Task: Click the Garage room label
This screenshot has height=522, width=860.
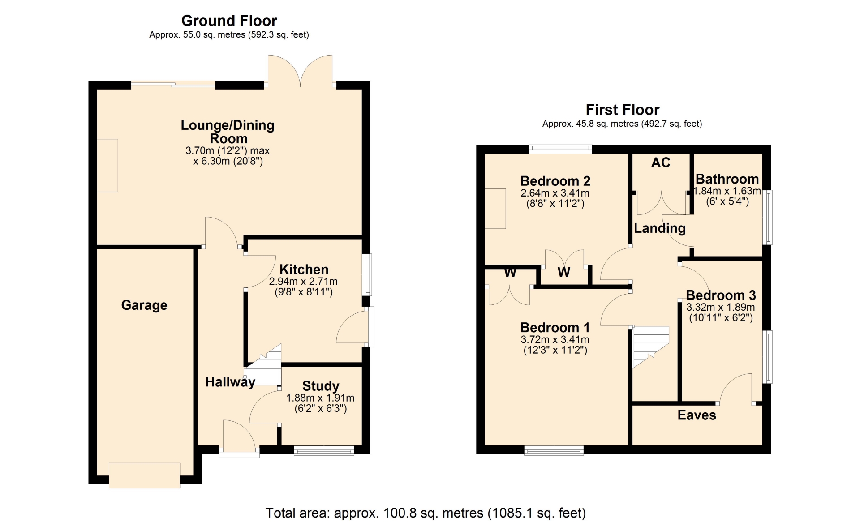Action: pos(144,305)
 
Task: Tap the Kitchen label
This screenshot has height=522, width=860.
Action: pos(304,270)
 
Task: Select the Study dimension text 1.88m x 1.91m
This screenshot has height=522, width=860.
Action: pos(320,398)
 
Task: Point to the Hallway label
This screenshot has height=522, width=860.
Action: pos(230,382)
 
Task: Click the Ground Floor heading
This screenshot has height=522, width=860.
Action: pos(229,21)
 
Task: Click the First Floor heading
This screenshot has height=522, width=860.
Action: pos(623,110)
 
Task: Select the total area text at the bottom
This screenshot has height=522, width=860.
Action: pos(426,513)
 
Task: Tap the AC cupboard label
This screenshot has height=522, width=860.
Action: pos(661,163)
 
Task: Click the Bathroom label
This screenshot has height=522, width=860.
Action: pos(727,179)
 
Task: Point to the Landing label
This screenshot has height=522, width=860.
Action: pos(660,228)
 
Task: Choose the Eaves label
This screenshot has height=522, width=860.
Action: pos(697,415)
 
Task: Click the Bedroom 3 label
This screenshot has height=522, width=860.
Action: pos(721,295)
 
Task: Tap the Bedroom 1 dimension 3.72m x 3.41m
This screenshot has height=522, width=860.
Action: pos(555,340)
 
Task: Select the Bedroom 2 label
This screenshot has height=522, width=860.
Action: pos(555,181)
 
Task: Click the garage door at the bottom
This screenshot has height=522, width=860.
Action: pos(145,475)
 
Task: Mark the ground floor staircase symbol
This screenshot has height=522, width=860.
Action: pos(263,365)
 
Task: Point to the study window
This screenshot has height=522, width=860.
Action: pos(324,450)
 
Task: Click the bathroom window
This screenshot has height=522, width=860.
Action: pos(768,218)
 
